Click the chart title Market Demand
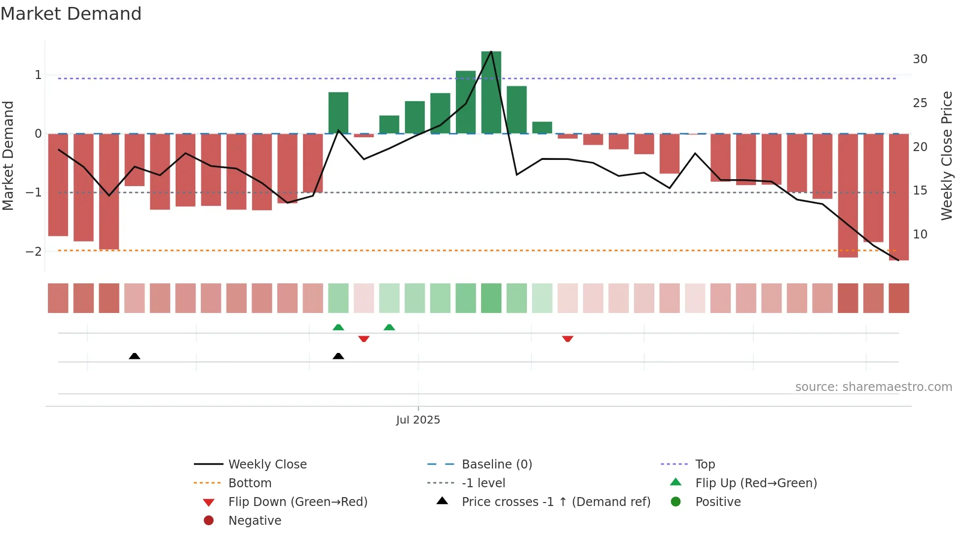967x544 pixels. pyautogui.click(x=71, y=14)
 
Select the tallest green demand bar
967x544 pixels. pyautogui.click(x=491, y=92)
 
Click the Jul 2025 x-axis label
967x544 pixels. pyautogui.click(x=418, y=420)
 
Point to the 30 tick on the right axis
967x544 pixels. pyautogui.click(x=920, y=59)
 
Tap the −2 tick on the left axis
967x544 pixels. pyautogui.click(x=34, y=252)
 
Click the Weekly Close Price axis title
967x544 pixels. pyautogui.click(x=946, y=155)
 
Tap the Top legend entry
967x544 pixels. pyautogui.click(x=705, y=465)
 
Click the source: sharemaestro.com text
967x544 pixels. pyautogui.click(x=873, y=387)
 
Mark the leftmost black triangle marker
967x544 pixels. pyautogui.click(x=134, y=356)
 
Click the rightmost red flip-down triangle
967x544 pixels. pyautogui.click(x=567, y=339)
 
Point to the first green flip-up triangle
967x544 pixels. pyautogui.click(x=338, y=327)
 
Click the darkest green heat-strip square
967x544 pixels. pyautogui.click(x=491, y=298)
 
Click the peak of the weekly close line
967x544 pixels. pyautogui.click(x=491, y=51)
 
